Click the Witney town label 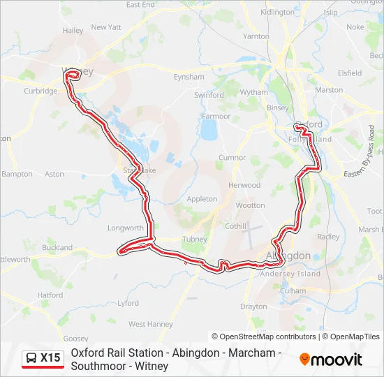[77, 71]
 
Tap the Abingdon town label [288, 256]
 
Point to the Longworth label [126, 228]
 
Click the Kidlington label [277, 13]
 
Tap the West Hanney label [150, 324]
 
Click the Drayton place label [253, 306]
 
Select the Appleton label [202, 199]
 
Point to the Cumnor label [232, 158]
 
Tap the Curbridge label [40, 91]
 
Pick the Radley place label [328, 237]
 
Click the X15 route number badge [50, 358]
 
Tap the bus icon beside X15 [32, 359]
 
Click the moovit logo [331, 360]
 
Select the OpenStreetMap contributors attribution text [264, 337]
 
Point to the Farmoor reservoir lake [208, 129]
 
